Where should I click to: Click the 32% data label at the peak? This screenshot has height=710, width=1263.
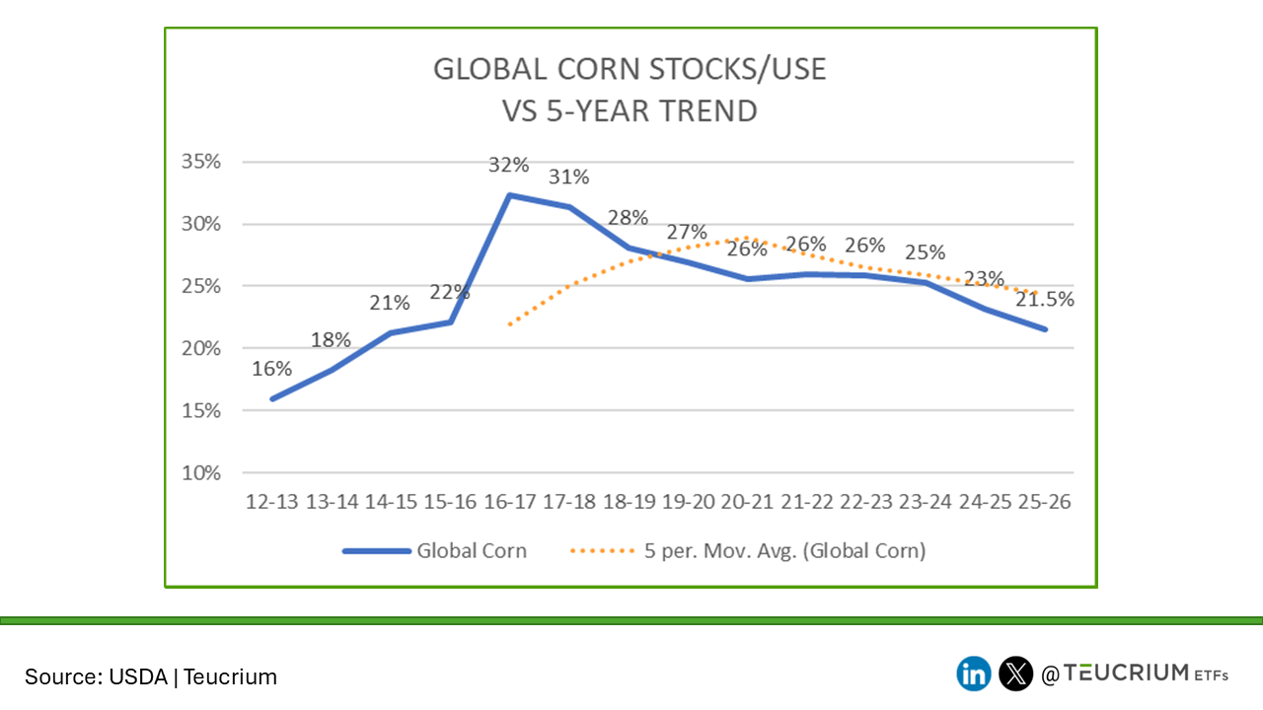pyautogui.click(x=510, y=164)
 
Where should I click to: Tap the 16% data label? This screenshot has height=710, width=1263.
pyautogui.click(x=271, y=369)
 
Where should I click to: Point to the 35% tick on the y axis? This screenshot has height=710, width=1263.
pyautogui.click(x=202, y=162)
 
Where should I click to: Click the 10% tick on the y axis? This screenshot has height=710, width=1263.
pyautogui.click(x=202, y=473)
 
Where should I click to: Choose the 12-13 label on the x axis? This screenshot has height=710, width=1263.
pyautogui.click(x=271, y=502)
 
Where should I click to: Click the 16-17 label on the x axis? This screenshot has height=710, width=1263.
pyautogui.click(x=510, y=502)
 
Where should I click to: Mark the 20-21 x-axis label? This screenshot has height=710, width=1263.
pyautogui.click(x=748, y=502)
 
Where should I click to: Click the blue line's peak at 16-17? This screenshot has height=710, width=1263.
pyautogui.click(x=510, y=195)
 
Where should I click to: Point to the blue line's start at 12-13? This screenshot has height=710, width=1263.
pyautogui.click(x=272, y=398)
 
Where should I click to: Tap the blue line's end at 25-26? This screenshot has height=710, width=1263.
pyautogui.click(x=1045, y=328)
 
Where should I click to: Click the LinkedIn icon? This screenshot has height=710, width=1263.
pyautogui.click(x=974, y=674)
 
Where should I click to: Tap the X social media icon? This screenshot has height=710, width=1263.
pyautogui.click(x=1015, y=674)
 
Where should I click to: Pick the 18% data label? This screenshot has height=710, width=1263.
pyautogui.click(x=332, y=340)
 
